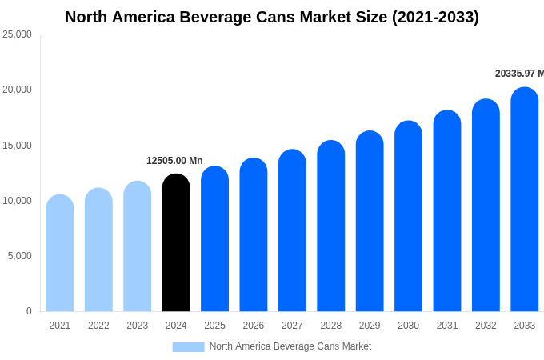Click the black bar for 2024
coord(176,244)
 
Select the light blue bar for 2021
coord(60,254)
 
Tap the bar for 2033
coord(524,200)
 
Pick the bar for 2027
coord(292,231)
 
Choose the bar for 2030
coord(408,217)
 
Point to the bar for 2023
coord(138,247)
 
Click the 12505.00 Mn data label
coord(174,161)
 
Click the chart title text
coord(272,17)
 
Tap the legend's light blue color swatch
coord(188,346)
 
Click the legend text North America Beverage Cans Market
coord(290,346)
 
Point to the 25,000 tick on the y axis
coord(17,34)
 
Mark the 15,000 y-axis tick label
coord(17,145)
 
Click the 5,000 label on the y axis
coord(19,256)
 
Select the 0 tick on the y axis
coord(29,311)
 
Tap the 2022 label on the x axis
coord(98,326)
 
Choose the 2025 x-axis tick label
coord(214,326)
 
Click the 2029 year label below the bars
coord(370,326)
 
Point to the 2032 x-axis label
coord(486,326)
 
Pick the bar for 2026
coord(254,235)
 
